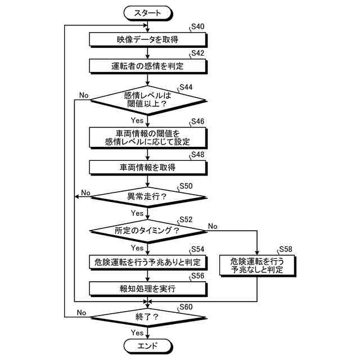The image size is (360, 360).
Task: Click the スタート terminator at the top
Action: [147, 12]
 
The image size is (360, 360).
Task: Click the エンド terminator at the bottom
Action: [147, 345]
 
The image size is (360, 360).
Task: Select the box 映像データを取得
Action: [147, 39]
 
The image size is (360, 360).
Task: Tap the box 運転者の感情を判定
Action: [147, 66]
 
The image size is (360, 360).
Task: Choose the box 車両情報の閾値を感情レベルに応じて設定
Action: [147, 137]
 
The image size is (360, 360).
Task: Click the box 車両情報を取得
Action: [147, 167]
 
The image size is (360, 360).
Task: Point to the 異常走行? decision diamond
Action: [147, 196]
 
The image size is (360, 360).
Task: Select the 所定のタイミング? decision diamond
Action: [147, 231]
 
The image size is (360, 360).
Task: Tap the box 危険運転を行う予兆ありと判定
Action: [147, 262]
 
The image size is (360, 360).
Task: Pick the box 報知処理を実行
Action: [147, 289]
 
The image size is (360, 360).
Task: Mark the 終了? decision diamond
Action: [147, 317]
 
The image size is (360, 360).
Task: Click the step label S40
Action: [197, 26]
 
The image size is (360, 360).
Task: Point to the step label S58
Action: [286, 249]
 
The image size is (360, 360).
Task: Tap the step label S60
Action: [186, 307]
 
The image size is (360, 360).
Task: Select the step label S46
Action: [197, 121]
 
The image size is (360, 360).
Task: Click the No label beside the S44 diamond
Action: [84, 95]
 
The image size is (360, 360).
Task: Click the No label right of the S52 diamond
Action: [213, 226]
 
